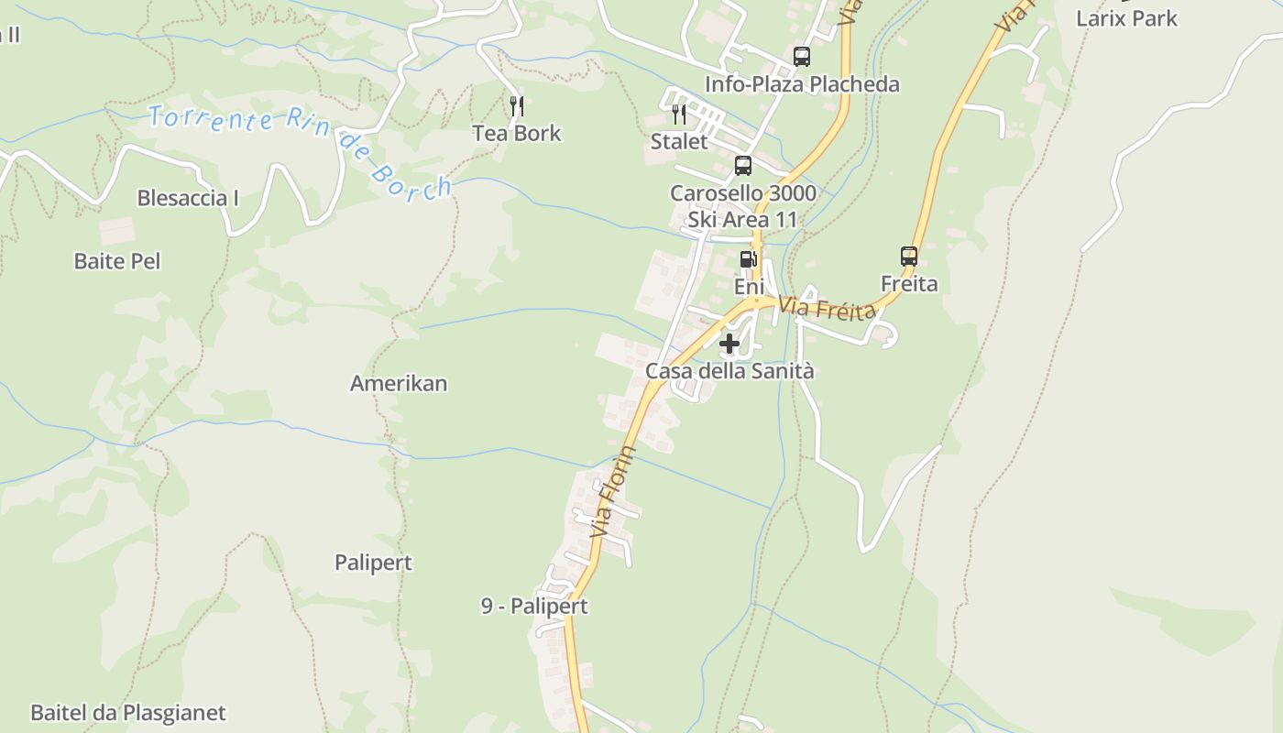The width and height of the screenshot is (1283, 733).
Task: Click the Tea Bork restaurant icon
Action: tap(517, 106)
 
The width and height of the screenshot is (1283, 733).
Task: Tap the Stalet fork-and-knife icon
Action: tap(679, 115)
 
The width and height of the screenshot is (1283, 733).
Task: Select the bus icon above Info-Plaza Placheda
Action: tap(802, 57)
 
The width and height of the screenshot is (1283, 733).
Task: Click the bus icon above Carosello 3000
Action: tap(743, 166)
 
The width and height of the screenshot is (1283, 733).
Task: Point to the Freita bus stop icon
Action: tap(909, 257)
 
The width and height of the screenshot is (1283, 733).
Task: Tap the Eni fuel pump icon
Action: tap(748, 259)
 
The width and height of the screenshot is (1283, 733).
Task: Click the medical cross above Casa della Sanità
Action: tap(729, 344)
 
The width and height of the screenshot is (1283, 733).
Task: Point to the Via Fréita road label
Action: tap(828, 309)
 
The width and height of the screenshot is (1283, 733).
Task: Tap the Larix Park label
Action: tap(1126, 18)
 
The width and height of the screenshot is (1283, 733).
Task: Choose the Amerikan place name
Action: tap(399, 384)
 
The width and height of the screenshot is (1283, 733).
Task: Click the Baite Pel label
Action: tap(117, 261)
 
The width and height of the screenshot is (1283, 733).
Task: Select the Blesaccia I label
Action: tap(188, 198)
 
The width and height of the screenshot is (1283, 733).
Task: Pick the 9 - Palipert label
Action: tap(534, 607)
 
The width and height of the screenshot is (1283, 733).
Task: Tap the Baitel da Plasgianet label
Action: tap(128, 713)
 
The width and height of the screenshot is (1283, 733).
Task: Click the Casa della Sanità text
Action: tap(729, 371)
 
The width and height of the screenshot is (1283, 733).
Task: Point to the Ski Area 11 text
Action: tap(743, 220)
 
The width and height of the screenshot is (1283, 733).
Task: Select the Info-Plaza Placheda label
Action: tap(802, 84)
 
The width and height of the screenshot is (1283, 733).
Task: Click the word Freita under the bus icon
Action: tap(909, 284)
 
